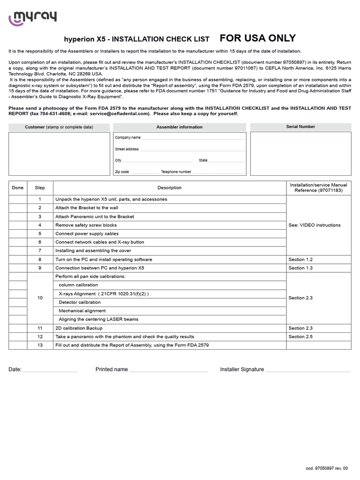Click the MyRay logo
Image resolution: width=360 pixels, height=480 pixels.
click(32, 18)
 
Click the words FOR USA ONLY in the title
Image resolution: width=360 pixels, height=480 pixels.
click(258, 38)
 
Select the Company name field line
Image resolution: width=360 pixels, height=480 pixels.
click(193, 138)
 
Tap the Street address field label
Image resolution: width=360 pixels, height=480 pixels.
click(127, 149)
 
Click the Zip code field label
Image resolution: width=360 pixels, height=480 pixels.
click(122, 172)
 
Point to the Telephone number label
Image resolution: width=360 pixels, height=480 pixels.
click(176, 172)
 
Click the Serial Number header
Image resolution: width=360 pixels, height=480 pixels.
click(300, 127)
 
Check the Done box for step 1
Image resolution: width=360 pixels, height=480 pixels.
click(18, 199)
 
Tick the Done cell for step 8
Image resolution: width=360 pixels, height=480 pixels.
click(18, 259)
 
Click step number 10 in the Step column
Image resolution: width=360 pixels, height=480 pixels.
click(40, 298)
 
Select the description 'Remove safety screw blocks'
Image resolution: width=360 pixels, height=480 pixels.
click(86, 225)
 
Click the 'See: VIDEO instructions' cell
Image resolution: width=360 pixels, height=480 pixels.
click(315, 225)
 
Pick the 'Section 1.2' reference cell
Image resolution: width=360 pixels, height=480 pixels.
click(300, 259)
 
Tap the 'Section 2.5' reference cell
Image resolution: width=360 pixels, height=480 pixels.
click(300, 337)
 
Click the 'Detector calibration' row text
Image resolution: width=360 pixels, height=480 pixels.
click(80, 302)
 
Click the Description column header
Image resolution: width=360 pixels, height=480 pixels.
click(169, 188)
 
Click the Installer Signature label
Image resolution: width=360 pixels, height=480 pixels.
click(242, 369)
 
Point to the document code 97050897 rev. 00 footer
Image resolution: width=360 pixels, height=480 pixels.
click(327, 468)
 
